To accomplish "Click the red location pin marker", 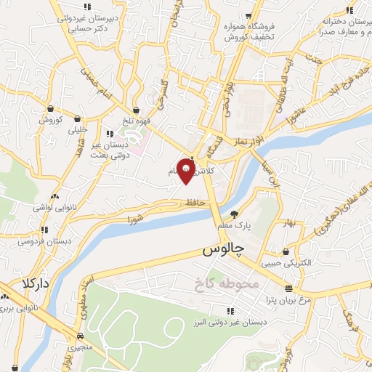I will click(x=186, y=170).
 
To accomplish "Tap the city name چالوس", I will click(x=221, y=251).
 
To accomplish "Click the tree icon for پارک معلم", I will click(x=234, y=214).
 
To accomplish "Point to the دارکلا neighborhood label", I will click(x=35, y=283).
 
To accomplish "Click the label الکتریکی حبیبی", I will click(x=286, y=262).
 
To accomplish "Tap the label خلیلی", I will click(x=76, y=131).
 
